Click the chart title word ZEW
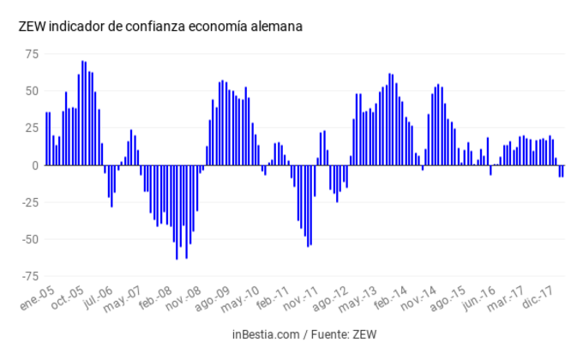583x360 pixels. pos(32,27)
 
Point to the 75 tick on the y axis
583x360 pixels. pos(32,54)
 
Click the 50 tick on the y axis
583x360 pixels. pos(32,91)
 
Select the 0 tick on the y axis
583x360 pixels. pos(35,165)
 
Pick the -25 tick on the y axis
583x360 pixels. pos(30,202)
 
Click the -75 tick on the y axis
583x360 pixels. pos(30,276)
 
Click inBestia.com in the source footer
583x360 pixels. pos(266,334)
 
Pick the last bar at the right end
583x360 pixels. pos(562,171)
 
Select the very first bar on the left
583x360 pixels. pos(46,138)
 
